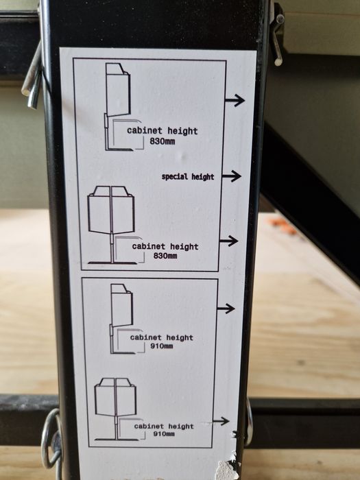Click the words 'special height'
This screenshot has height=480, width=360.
coord(188,177)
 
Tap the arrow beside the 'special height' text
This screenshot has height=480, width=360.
coord(232,176)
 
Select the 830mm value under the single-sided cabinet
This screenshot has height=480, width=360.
coord(163,141)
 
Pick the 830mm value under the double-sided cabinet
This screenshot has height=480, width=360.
coord(165,256)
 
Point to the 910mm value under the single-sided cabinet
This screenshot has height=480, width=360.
coord(162,346)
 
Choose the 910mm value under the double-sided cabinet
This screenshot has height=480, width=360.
coord(164,434)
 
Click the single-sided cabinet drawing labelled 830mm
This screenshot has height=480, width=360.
coord(118,107)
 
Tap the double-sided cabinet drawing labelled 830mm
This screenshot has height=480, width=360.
coord(111,225)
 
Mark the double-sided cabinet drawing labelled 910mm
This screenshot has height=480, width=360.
coord(115,409)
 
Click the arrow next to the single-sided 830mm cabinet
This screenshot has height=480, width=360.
coord(235,100)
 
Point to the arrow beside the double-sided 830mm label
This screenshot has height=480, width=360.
coord(228,241)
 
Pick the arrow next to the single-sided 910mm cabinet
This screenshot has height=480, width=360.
coord(226,309)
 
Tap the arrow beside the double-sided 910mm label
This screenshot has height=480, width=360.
coord(221,422)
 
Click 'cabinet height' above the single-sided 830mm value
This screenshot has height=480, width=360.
coord(163,131)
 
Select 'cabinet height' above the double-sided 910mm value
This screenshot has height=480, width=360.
coord(164,426)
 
